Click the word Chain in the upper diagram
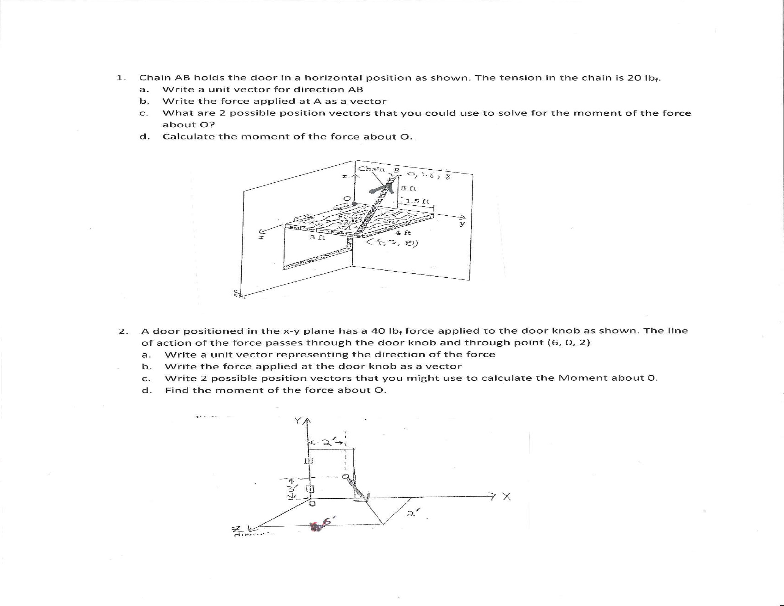point(371,169)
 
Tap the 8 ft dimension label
point(408,188)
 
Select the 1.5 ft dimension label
point(418,201)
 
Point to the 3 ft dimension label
point(317,237)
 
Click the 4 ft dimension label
point(403,233)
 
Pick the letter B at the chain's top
point(397,170)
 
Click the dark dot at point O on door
point(355,203)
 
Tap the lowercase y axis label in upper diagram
point(463,224)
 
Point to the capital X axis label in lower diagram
point(506,497)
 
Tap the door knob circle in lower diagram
point(345,477)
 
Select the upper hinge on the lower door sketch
point(309,460)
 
